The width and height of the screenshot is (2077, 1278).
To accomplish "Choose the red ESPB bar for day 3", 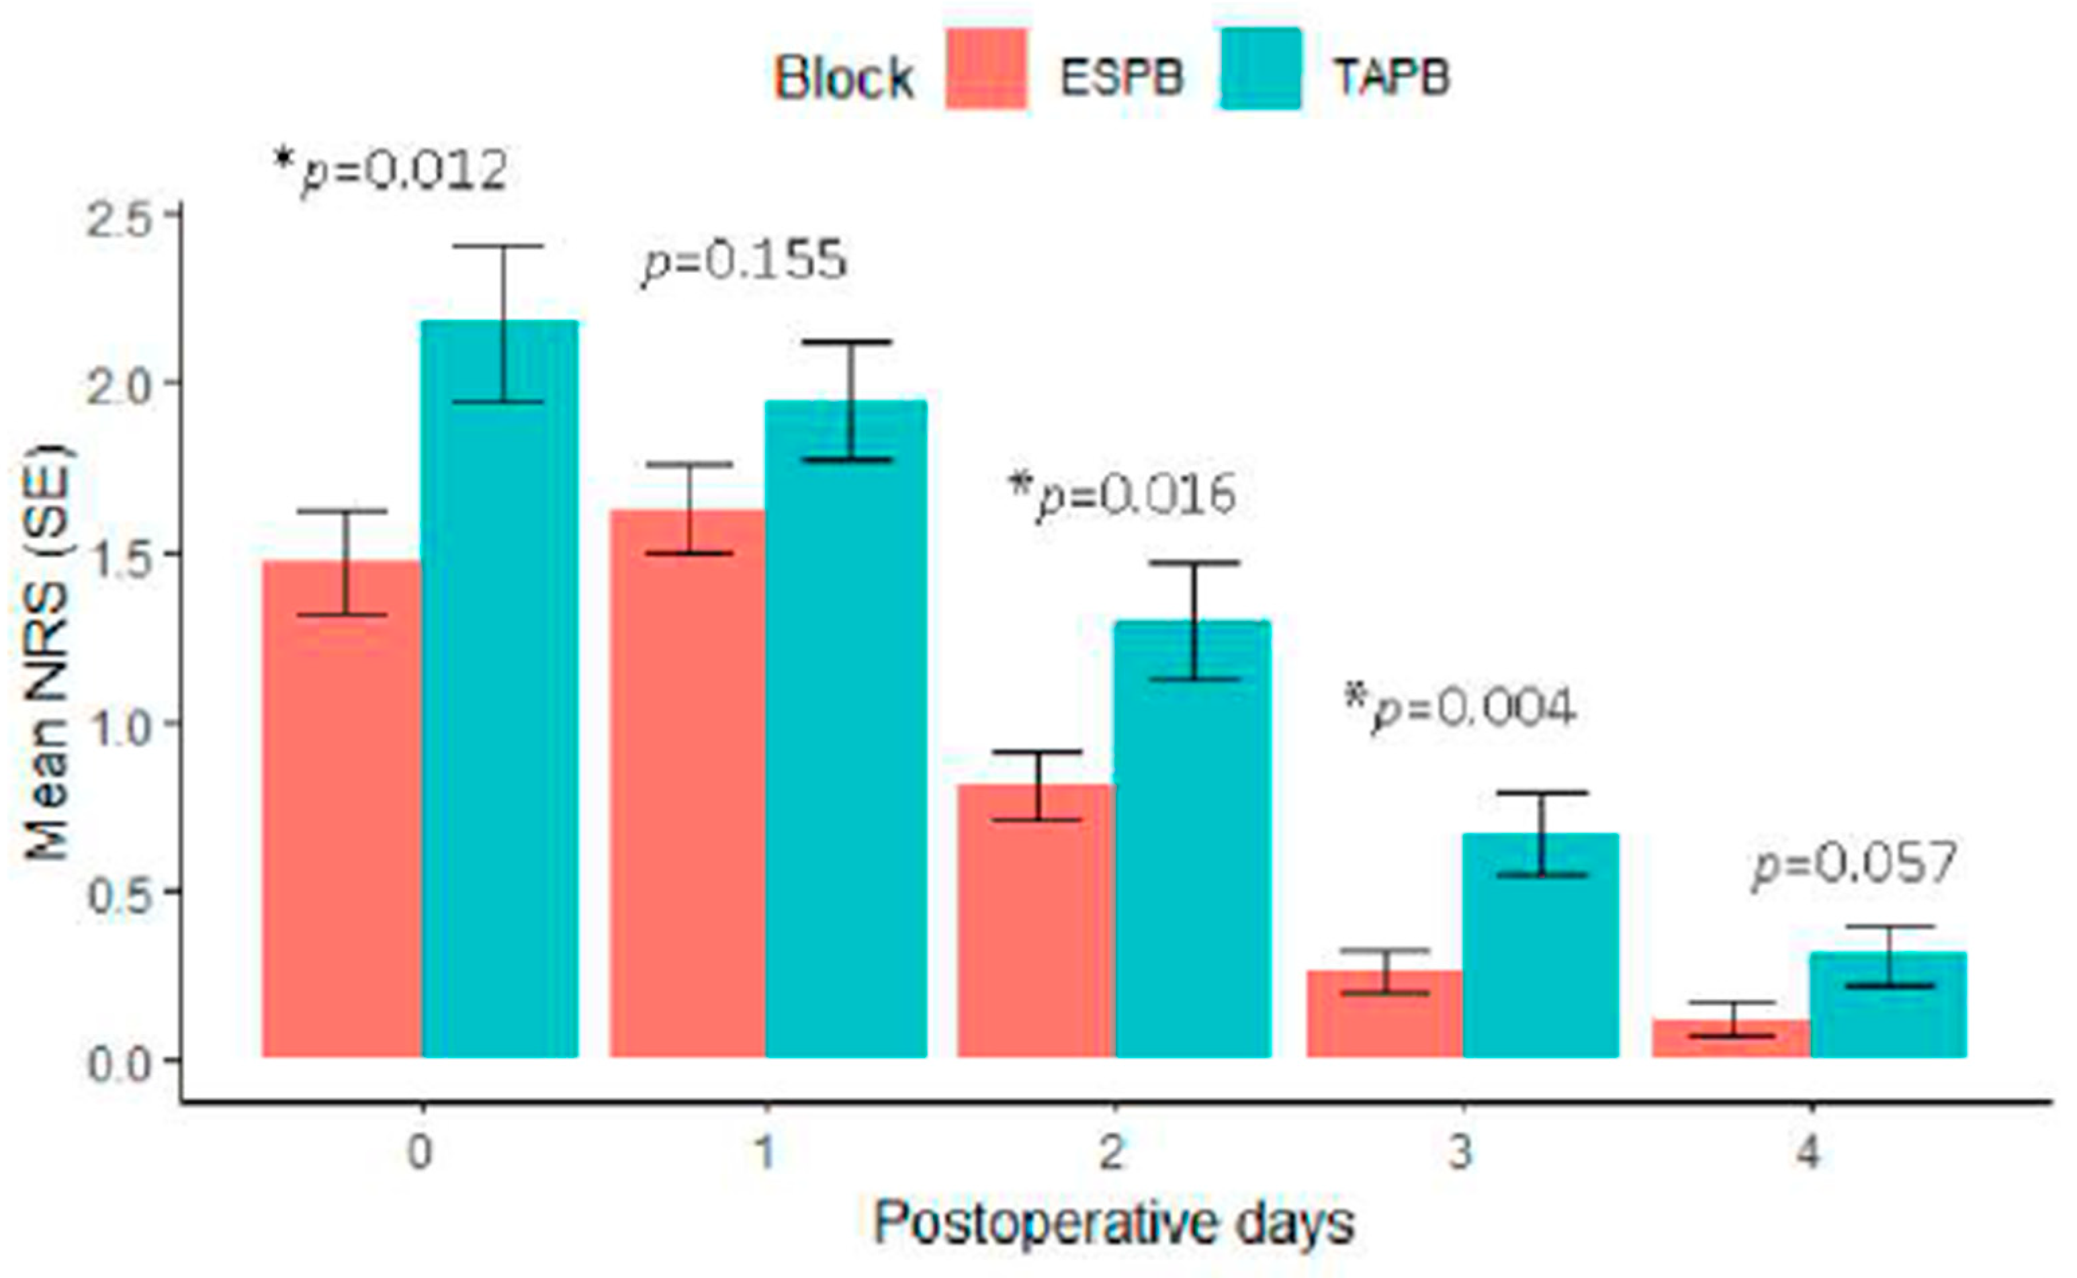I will [1384, 1015].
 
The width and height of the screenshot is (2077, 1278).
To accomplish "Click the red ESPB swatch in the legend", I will [986, 69].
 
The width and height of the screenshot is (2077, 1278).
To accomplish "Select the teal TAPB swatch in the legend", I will [1260, 69].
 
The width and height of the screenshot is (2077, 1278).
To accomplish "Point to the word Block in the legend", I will [842, 79].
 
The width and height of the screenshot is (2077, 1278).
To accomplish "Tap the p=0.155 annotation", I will [744, 260].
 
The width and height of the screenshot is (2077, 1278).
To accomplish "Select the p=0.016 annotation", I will [1124, 496].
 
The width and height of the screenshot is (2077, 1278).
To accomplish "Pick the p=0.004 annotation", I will [1460, 708].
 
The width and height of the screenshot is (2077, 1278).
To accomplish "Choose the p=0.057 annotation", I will [1854, 864].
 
